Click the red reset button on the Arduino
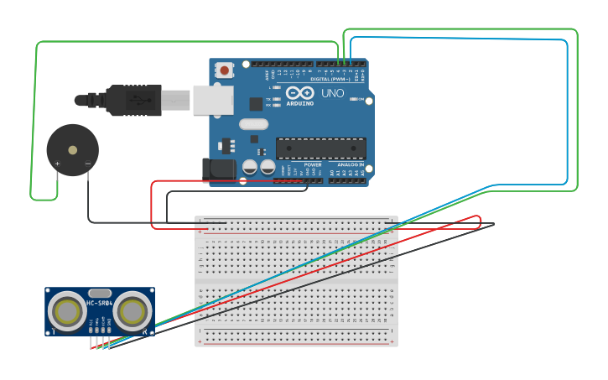[224, 70]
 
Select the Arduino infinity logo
[299, 92]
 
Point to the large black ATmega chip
[321, 148]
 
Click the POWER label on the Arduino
[312, 165]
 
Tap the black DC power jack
[220, 167]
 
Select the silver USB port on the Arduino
[212, 99]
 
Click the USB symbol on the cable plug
[135, 99]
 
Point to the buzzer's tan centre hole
[73, 150]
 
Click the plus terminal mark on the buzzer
[57, 164]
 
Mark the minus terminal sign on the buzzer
[88, 164]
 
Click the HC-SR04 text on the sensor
[100, 303]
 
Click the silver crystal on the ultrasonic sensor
[99, 293]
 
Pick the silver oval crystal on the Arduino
[252, 124]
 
